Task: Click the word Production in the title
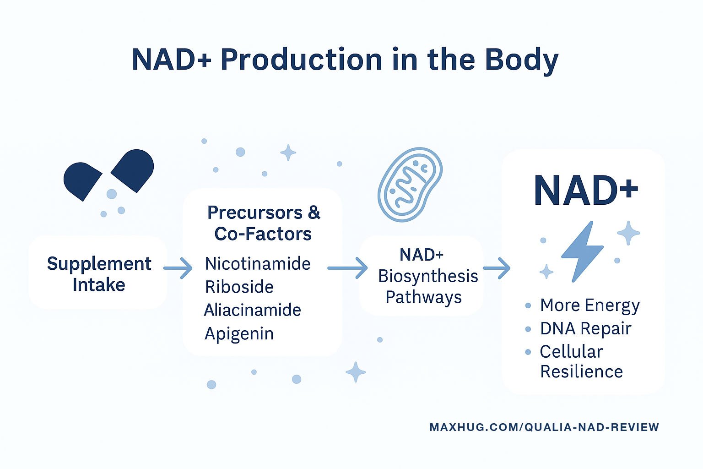pos(301,60)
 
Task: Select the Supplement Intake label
pos(99,274)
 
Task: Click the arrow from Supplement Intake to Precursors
pos(178,268)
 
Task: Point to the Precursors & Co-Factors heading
pos(263,223)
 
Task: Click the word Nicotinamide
pos(258,263)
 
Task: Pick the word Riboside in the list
pos(239,287)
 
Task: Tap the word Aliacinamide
pos(253,310)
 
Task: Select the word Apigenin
pos(239,334)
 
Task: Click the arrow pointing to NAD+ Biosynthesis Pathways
pos(347,268)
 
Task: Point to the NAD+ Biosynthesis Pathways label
pos(427,276)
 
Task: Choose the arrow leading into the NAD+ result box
pos(497,268)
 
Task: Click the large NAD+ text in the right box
pos(586,191)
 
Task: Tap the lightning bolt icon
pos(583,251)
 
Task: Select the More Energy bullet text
pos(590,305)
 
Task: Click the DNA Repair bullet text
pos(586,328)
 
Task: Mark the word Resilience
pos(582,371)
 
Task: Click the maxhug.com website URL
pos(544,427)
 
